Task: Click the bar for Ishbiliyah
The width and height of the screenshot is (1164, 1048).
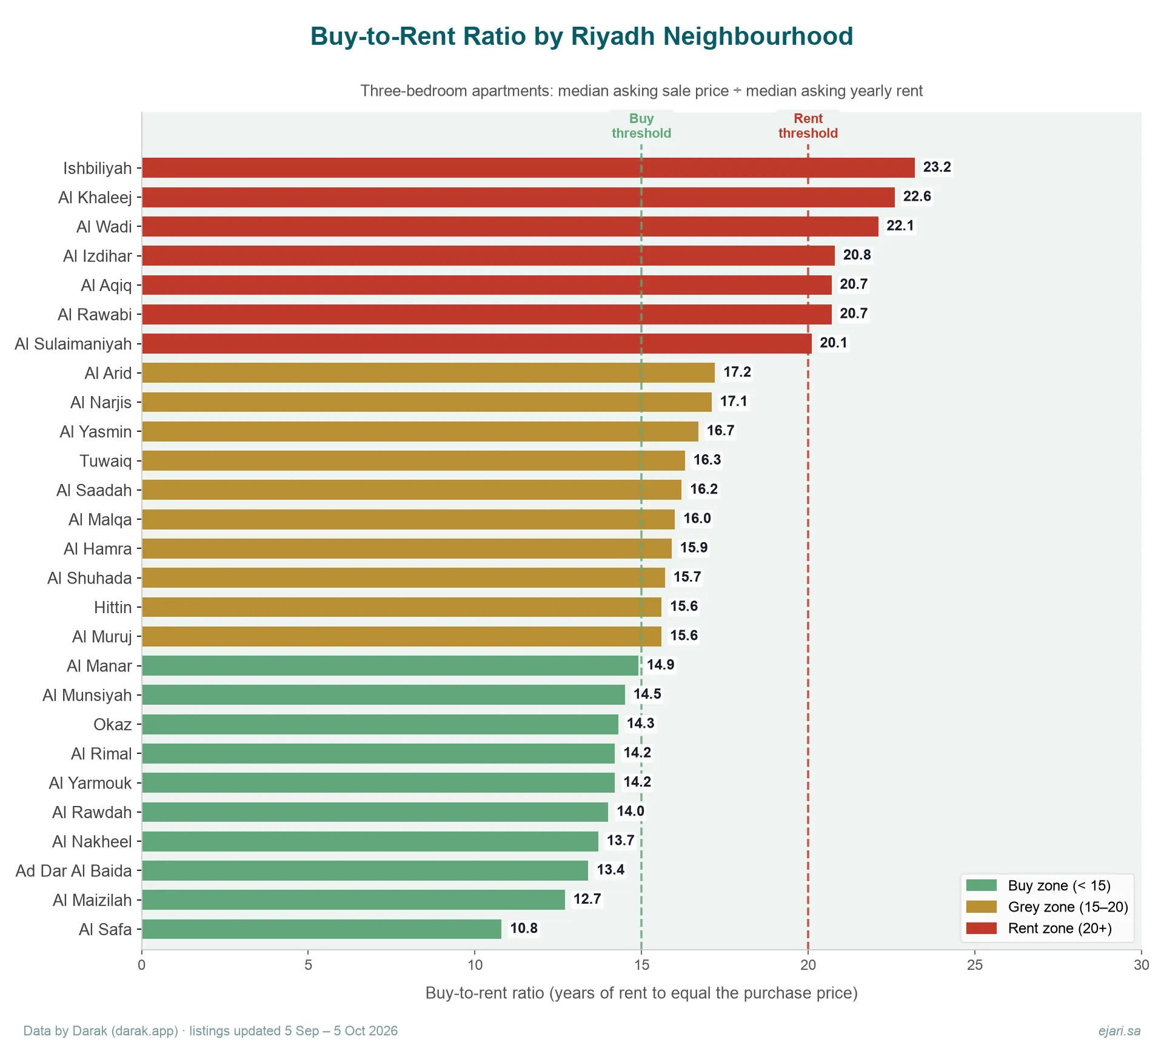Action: pyautogui.click(x=528, y=167)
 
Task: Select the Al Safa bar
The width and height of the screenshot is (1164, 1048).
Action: pyautogui.click(x=322, y=929)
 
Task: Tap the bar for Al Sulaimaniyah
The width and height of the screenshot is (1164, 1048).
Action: pyautogui.click(x=477, y=343)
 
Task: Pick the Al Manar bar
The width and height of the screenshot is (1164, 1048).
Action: pyautogui.click(x=390, y=665)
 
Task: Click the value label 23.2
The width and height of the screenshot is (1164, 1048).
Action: pyautogui.click(x=937, y=167)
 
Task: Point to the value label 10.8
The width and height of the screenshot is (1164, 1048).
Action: pyautogui.click(x=524, y=928)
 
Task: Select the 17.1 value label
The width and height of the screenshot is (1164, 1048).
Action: pyautogui.click(x=734, y=401)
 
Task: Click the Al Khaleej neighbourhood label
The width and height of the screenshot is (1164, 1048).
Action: pyautogui.click(x=95, y=197)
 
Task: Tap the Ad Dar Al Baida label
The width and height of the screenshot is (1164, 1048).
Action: pyautogui.click(x=73, y=871)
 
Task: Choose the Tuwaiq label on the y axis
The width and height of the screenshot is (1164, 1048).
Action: pyautogui.click(x=105, y=461)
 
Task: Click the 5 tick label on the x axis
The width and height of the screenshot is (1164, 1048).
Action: pyautogui.click(x=308, y=965)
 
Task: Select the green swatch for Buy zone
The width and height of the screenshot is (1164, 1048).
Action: pyautogui.click(x=982, y=885)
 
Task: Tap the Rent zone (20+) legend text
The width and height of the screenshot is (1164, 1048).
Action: pyautogui.click(x=1060, y=928)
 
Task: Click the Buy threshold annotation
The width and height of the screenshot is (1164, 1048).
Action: pyautogui.click(x=641, y=126)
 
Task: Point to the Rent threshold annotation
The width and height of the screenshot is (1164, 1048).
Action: pyautogui.click(x=808, y=126)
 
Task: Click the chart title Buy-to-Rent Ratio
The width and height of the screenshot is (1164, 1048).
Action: pyautogui.click(x=582, y=36)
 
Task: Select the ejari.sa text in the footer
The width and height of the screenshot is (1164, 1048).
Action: pyautogui.click(x=1119, y=1031)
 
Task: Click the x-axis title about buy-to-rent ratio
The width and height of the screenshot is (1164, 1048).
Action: pyautogui.click(x=641, y=993)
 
